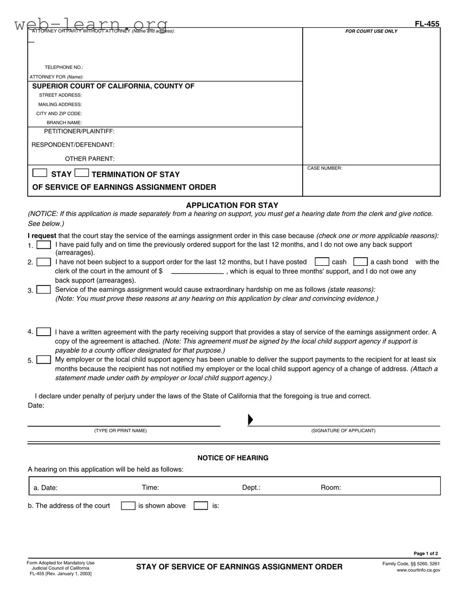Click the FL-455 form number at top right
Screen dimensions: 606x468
coord(427,24)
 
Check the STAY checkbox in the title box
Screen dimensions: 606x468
coord(40,173)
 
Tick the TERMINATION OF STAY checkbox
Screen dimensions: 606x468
coord(82,173)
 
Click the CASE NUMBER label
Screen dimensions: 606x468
coord(324,169)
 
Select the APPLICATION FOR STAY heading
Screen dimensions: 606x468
coord(232,206)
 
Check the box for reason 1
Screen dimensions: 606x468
coord(44,245)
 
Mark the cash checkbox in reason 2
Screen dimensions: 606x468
coord(322,262)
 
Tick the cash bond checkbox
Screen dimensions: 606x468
coord(361,262)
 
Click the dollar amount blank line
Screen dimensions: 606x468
coord(197,271)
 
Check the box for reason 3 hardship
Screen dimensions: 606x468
coord(44,290)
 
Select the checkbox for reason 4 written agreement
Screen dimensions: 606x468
coord(44,332)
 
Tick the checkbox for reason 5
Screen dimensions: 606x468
coord(44,360)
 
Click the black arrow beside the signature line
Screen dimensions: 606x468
coord(250,420)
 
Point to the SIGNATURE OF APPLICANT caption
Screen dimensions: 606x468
coord(343,431)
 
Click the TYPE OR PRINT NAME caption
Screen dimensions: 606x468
coord(121,431)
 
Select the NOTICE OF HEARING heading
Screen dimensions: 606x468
coord(233,458)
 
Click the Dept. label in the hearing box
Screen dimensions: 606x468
coord(251,488)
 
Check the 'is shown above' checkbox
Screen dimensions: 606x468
coord(128,506)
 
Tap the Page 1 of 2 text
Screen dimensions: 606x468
coord(426,553)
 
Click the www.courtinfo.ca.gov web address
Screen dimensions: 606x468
coord(418,570)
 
